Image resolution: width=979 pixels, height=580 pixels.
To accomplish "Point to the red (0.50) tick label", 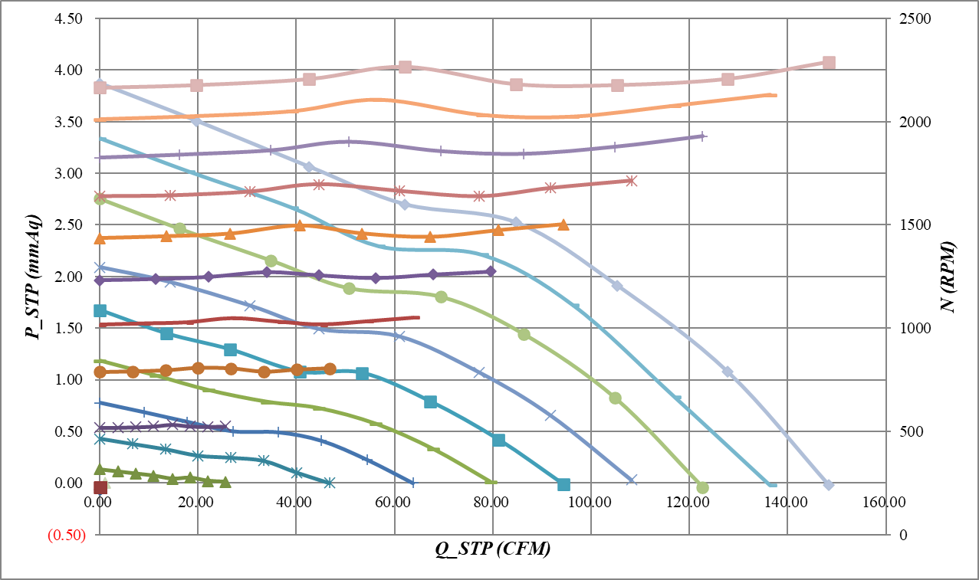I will [66, 535].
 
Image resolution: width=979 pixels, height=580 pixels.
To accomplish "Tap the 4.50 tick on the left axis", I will [70, 18].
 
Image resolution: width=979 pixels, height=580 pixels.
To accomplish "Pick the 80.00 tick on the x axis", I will [492, 503].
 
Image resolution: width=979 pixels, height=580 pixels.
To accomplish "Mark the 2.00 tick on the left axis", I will [70, 277].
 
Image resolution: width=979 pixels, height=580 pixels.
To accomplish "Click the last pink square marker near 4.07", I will [829, 63].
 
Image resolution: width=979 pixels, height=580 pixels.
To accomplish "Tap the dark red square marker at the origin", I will [100, 487].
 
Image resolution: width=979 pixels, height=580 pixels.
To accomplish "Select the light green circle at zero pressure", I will [702, 487].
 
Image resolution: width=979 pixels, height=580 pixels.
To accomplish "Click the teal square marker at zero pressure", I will [563, 484].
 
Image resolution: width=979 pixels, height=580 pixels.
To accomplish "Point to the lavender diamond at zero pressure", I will [828, 484].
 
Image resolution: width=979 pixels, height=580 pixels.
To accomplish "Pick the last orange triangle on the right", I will [563, 224].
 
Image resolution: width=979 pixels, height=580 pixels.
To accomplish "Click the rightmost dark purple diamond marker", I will [491, 271].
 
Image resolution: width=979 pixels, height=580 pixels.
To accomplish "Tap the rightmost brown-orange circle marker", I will [330, 369].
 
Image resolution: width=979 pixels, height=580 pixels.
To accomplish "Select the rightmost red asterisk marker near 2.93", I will [631, 181].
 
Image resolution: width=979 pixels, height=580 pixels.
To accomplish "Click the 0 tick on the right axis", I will [902, 535].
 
